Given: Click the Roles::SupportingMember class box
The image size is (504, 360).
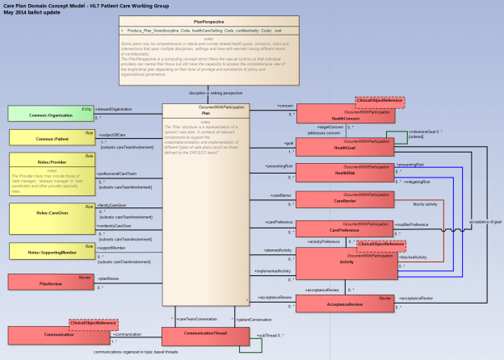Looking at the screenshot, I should [49, 251].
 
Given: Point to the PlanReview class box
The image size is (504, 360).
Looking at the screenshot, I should [49, 282].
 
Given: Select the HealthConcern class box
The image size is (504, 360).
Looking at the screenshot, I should [344, 115].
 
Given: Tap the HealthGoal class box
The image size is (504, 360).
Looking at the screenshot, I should [344, 146].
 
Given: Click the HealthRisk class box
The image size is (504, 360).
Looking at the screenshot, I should [344, 172].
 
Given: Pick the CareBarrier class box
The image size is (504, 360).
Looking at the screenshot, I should [344, 200].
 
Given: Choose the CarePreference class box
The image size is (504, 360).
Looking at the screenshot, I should [344, 229].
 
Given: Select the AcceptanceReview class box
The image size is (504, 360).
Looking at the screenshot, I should [344, 303].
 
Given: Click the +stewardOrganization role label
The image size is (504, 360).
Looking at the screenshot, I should [115, 108].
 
